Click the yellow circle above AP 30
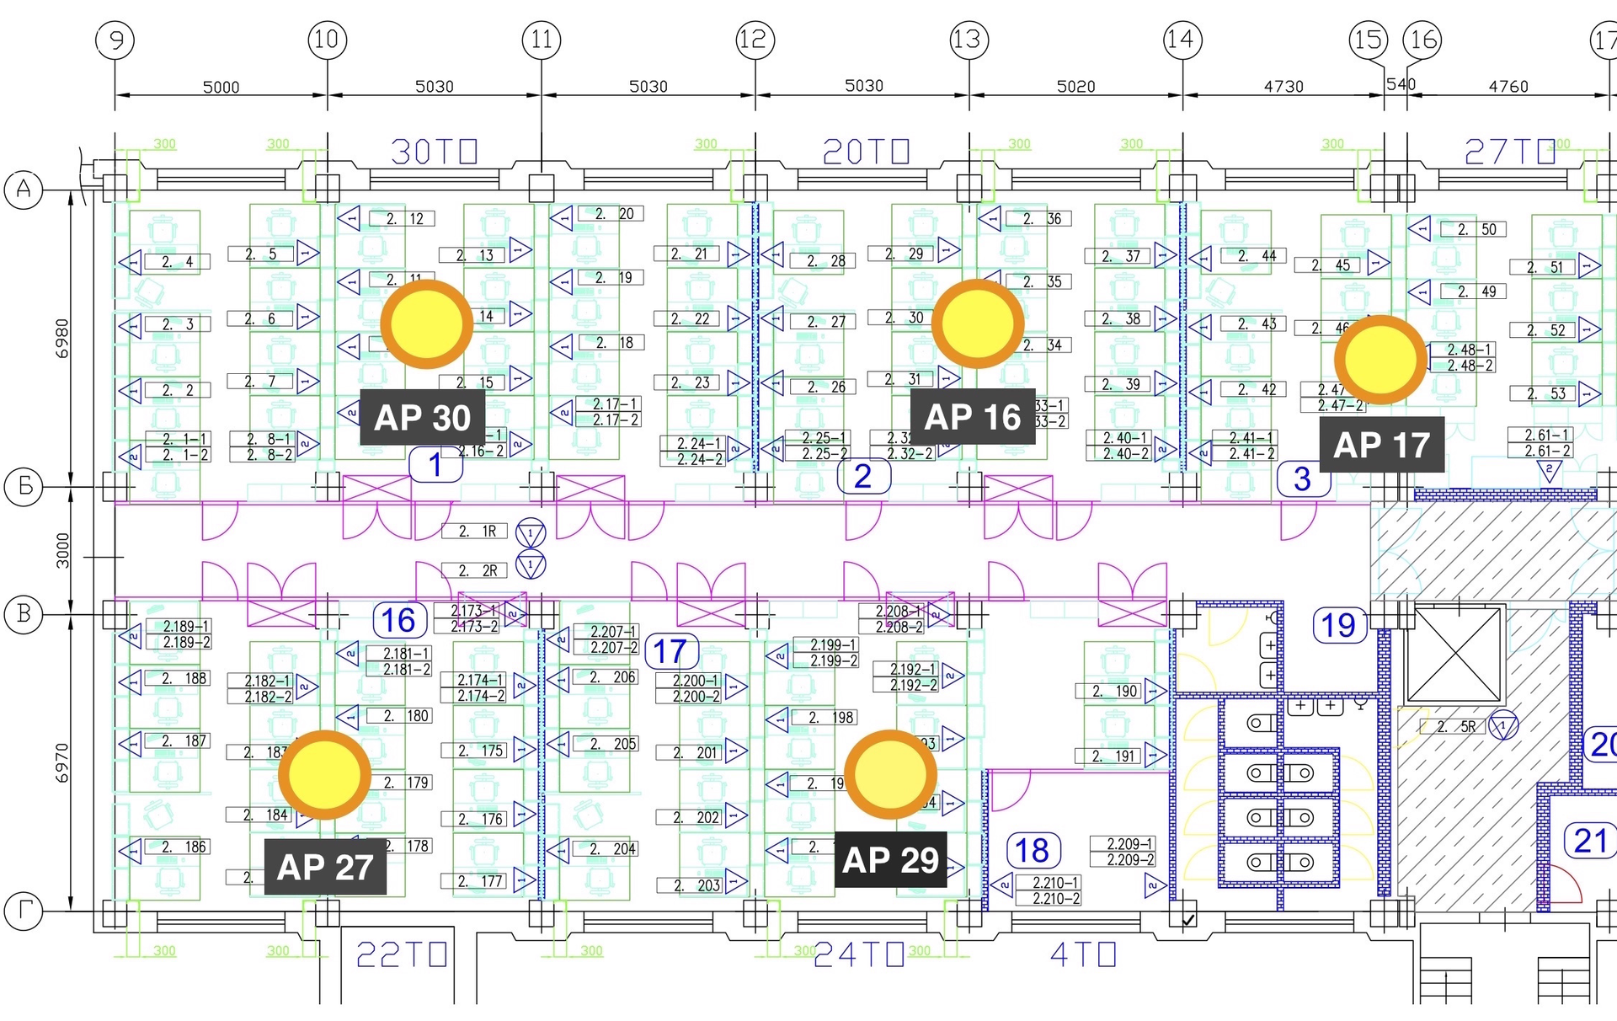click(426, 324)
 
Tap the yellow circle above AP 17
click(1380, 360)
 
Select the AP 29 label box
click(890, 860)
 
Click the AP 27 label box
click(325, 867)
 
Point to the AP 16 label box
click(973, 417)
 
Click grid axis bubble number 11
click(542, 40)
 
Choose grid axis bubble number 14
click(1182, 40)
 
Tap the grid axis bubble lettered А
click(24, 190)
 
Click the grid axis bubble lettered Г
click(24, 911)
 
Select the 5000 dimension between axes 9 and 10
click(221, 87)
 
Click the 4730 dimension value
click(1283, 86)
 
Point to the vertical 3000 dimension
click(63, 551)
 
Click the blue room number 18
click(1033, 851)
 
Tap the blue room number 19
click(1338, 626)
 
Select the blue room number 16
click(399, 621)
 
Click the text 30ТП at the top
click(434, 152)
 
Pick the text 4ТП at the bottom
click(1083, 954)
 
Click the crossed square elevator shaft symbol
click(1454, 655)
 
